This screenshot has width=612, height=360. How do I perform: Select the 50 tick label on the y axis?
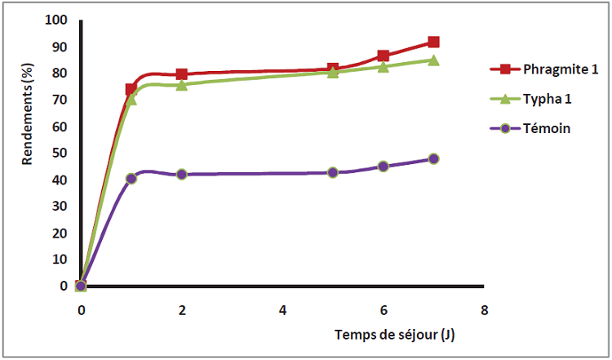tap(60, 153)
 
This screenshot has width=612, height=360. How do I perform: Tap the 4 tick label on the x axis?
tap(282, 310)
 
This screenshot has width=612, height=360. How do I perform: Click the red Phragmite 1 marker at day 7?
tap(433, 42)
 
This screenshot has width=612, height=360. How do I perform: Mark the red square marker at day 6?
tap(384, 56)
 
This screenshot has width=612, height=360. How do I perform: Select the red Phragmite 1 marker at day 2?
tap(181, 74)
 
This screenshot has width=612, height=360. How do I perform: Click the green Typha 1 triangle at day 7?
tap(433, 60)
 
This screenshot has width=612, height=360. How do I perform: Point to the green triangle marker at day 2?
tap(181, 84)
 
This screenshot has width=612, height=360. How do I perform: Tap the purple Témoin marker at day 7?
tap(433, 159)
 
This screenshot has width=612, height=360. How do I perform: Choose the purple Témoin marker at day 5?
tap(333, 172)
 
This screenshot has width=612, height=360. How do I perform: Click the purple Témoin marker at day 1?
tap(131, 178)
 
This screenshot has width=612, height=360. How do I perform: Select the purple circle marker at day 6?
tap(384, 167)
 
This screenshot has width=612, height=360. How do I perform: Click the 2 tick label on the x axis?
tap(181, 310)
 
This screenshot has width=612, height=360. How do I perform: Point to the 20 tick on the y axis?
tap(60, 233)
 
